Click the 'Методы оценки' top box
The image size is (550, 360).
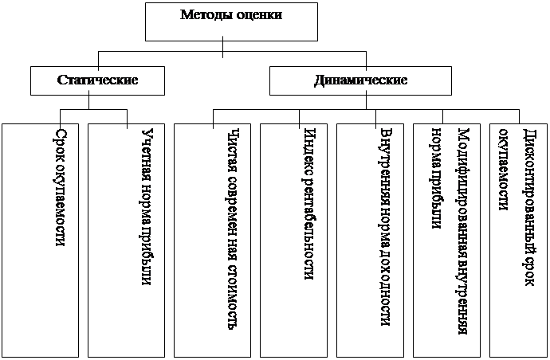pyautogui.click(x=230, y=22)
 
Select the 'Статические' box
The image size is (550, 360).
pyautogui.click(x=98, y=80)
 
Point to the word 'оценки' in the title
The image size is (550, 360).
pyautogui.click(x=258, y=14)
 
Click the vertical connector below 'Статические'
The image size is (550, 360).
pyautogui.click(x=98, y=102)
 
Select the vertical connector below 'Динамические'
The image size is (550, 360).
pyautogui.click(x=366, y=102)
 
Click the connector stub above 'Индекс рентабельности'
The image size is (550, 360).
pyautogui.click(x=300, y=117)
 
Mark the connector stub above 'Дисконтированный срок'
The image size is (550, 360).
pyautogui.click(x=519, y=117)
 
